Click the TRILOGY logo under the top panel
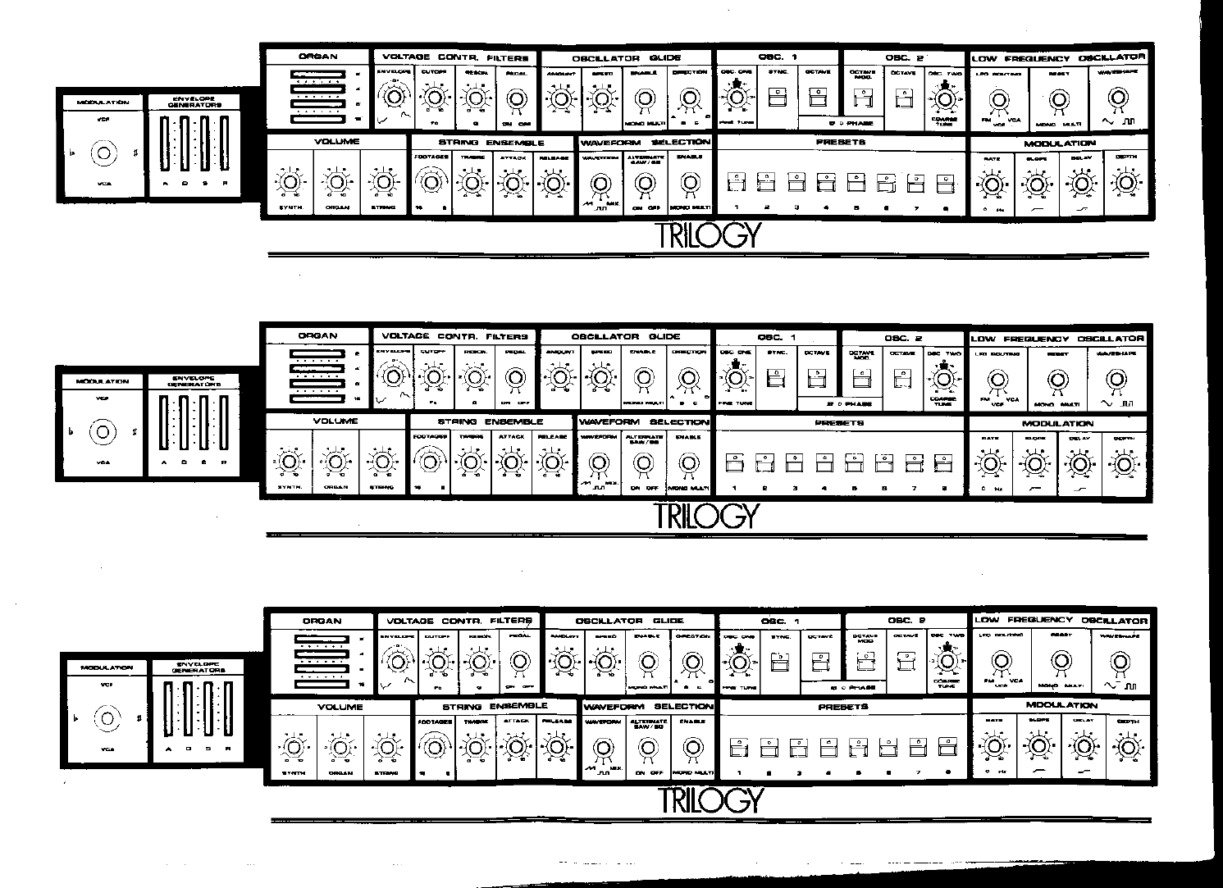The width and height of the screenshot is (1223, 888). [x=709, y=235]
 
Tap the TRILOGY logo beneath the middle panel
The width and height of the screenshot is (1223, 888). [x=707, y=516]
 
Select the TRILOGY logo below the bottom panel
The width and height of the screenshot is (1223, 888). [x=711, y=799]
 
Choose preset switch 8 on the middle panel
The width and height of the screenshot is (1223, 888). [x=944, y=462]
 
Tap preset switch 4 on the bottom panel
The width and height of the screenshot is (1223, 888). [x=828, y=747]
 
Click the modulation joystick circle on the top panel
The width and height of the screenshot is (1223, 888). [x=103, y=153]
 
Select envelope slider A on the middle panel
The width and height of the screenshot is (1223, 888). [x=164, y=432]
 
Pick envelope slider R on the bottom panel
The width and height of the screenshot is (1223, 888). [x=226, y=713]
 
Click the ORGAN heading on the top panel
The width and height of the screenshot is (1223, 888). [x=317, y=57]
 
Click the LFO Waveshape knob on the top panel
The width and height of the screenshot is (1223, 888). [x=1115, y=98]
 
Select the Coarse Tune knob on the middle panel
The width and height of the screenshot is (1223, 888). [x=942, y=378]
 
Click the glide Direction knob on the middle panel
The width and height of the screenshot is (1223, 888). [x=687, y=378]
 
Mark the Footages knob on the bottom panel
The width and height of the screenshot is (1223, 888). [x=434, y=746]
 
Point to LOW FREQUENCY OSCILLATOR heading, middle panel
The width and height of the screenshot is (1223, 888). [x=1056, y=338]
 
